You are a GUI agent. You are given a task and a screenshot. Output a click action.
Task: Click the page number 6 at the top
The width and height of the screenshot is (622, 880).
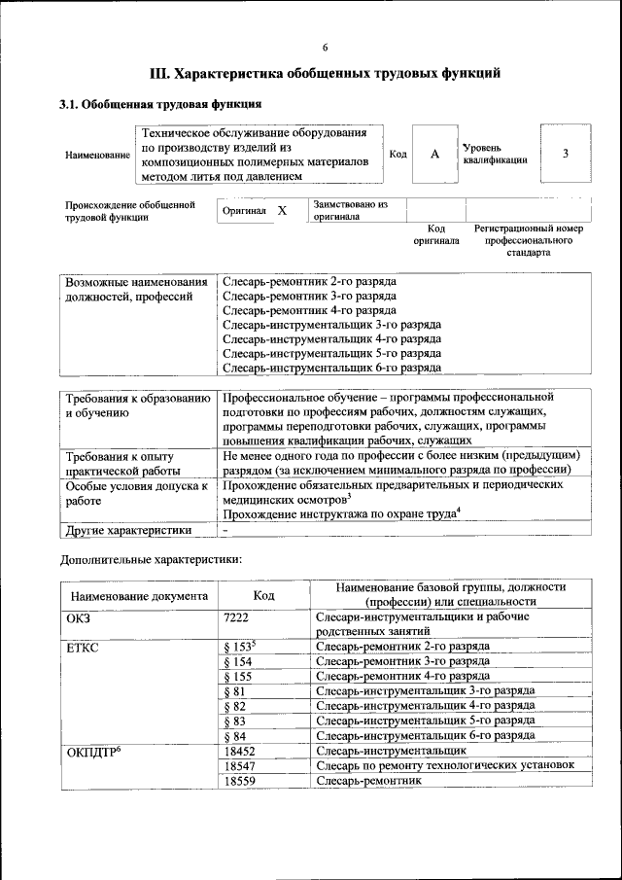coord(326,48)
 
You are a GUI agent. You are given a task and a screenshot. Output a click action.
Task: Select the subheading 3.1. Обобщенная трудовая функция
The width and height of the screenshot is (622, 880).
coord(160,104)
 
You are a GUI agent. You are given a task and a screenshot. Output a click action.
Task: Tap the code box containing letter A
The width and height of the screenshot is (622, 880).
coord(435,154)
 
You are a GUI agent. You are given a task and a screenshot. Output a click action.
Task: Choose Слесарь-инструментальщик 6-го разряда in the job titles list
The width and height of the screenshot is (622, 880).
coord(331,368)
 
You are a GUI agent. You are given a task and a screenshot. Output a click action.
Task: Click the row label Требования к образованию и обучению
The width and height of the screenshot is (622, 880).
coord(136,405)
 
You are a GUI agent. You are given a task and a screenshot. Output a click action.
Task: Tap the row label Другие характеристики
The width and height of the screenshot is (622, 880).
coord(127,530)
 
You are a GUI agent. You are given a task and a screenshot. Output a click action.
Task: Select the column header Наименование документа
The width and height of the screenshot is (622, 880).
coord(139,596)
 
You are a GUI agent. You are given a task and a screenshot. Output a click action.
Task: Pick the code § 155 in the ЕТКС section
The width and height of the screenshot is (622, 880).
coord(237,675)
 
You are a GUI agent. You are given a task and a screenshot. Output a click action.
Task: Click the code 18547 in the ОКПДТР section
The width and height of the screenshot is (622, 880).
coord(239,766)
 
